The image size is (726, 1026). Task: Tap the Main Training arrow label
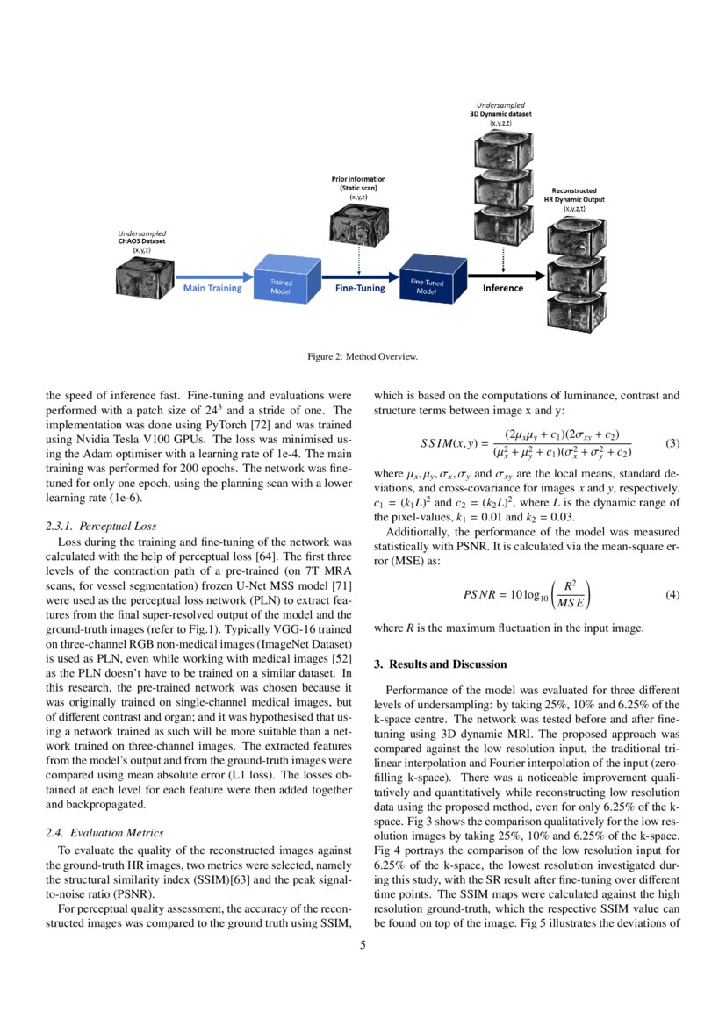[x=212, y=288]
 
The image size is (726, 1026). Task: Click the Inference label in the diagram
[x=503, y=288]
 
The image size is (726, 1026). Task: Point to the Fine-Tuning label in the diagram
[x=360, y=288]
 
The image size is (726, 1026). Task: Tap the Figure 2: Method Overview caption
[x=363, y=356]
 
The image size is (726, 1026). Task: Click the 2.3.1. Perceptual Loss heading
[x=100, y=527]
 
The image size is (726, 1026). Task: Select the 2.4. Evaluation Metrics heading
[x=104, y=832]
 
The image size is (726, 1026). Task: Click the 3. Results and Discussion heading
[x=440, y=664]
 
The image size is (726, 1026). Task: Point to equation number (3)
[x=673, y=442]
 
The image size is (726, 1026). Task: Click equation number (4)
[x=673, y=594]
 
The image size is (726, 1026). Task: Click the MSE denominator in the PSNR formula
[x=575, y=602]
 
